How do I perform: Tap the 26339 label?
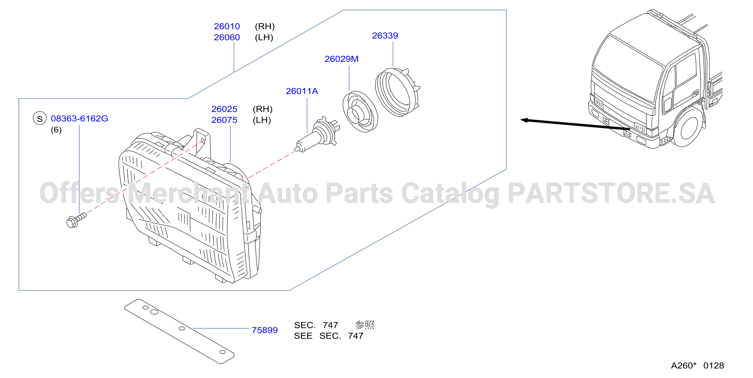click(385, 35)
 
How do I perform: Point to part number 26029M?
click(341, 59)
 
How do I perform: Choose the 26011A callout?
click(302, 91)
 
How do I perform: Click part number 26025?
click(224, 109)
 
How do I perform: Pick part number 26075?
click(224, 120)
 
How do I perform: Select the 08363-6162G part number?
click(79, 118)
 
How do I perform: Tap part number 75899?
click(264, 330)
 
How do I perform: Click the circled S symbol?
click(40, 118)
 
